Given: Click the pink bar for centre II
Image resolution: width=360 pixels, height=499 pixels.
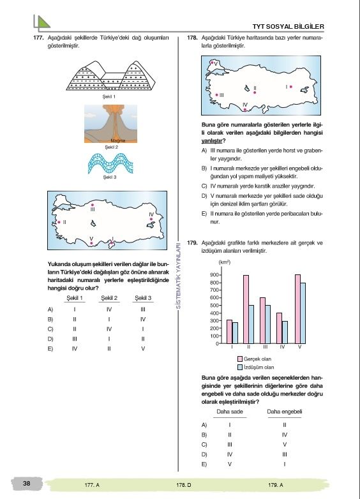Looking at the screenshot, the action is coord(246,309).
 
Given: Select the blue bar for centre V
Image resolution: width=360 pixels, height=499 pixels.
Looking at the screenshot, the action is coord(303,313).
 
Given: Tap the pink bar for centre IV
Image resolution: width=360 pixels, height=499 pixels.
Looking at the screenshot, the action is coord(279,328).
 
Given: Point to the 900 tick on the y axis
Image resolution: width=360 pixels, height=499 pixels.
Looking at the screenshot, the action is coord(214,275).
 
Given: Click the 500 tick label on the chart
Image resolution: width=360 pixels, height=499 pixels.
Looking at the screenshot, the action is coord(214,306).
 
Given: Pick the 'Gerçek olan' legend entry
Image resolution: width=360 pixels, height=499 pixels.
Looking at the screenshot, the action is coord(255,359).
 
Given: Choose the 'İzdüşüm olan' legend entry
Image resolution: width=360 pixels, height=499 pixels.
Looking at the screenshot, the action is coord(256,368).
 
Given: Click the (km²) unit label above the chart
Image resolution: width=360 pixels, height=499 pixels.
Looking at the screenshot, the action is coord(224,262).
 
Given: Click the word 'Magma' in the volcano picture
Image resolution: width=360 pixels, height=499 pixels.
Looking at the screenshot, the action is coord(118,140).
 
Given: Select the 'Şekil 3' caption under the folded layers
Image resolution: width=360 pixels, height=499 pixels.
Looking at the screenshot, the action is coord(110,177).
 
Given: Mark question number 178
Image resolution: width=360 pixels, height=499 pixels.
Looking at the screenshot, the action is coord(192,38).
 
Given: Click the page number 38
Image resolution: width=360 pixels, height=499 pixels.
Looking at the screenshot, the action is coord(26,484).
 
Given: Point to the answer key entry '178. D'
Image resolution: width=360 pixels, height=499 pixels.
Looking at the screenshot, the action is coord(184,485).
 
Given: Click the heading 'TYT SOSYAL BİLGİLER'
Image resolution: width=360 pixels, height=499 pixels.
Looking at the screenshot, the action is coord(289,26).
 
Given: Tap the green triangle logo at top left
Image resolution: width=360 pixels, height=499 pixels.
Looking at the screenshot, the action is coord(41,22).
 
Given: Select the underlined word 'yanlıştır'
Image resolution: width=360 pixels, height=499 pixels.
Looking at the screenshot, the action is coord(212,140).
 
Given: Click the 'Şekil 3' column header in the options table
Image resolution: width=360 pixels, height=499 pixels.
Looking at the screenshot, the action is coord(143,298).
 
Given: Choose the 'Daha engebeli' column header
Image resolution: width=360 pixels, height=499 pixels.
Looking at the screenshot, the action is coord(285,412).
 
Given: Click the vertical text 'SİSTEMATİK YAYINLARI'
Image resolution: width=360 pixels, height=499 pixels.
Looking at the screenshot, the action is coord(178,276).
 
